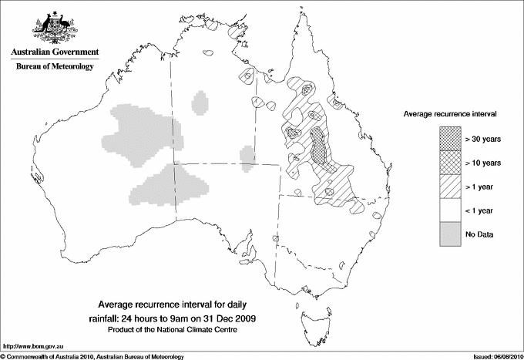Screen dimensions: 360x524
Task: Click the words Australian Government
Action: click(x=54, y=53)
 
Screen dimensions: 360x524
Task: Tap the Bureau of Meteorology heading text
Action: click(x=54, y=67)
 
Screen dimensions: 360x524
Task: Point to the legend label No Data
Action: click(x=479, y=234)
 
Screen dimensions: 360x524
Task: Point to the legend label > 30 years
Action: click(x=483, y=139)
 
